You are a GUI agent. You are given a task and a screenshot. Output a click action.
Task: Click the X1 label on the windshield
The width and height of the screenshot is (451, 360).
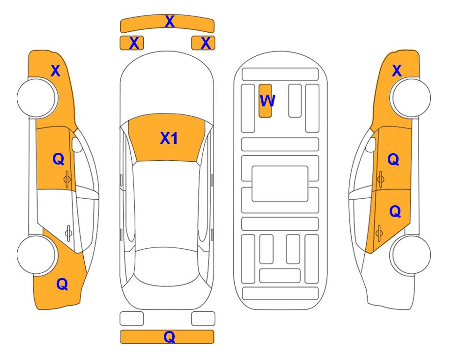pos(169,138)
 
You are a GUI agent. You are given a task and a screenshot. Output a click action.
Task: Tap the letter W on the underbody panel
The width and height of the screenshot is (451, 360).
pos(267,101)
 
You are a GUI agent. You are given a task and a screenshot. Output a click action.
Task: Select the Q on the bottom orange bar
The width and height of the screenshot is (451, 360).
pos(170,337)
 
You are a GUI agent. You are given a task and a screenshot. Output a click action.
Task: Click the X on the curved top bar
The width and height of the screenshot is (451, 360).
pos(170,22)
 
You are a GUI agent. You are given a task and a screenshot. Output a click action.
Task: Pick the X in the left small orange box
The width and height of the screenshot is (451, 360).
pos(134,43)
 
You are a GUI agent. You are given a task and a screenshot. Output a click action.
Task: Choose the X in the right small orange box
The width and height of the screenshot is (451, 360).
pos(206,43)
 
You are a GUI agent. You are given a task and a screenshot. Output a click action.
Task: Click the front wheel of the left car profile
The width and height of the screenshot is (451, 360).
pos(37,98)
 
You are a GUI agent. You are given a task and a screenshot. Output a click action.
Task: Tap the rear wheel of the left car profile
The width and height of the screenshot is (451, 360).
pos(37,255)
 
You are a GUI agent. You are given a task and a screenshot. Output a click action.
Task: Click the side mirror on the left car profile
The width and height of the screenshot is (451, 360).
pos(76,144)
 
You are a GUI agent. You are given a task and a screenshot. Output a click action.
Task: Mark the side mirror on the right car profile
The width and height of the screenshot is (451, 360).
pos(371,144)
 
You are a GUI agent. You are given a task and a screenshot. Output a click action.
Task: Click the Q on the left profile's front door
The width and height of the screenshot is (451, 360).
pos(59,159)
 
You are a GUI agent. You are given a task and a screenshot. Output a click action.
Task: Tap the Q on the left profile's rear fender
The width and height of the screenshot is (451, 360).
pos(62,284)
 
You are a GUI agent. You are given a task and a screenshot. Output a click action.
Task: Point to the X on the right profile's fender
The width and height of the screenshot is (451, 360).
pos(397,71)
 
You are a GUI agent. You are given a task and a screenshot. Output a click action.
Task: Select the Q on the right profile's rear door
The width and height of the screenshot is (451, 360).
pos(395,212)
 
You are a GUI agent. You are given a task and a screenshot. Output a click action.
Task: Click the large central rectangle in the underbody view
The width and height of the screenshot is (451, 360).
pos(280,184)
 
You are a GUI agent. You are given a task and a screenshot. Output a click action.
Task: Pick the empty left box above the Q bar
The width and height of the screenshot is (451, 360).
pos(132,319)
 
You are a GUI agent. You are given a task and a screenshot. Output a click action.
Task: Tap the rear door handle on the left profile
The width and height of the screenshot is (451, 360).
pos(68,233)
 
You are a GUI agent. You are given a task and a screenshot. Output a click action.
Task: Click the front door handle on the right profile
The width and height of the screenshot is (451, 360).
pos(381,179)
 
